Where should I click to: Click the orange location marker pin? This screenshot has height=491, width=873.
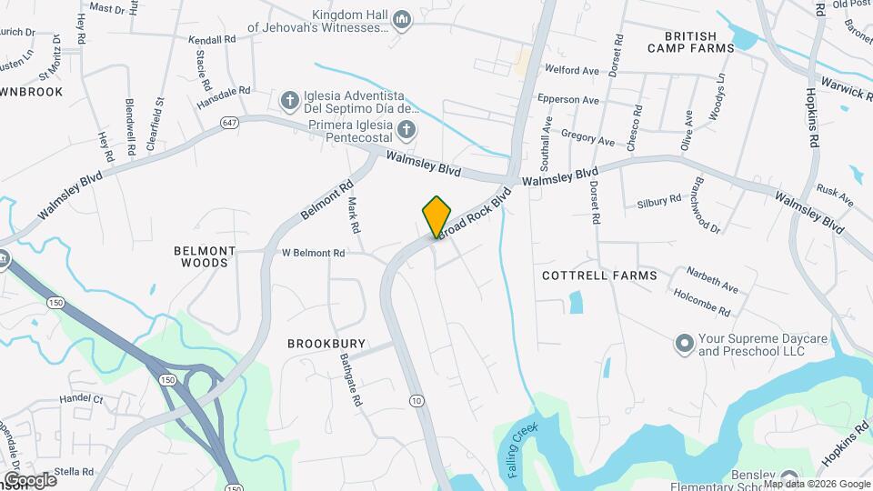pyautogui.click(x=437, y=216)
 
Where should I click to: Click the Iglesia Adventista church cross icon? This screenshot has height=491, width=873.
pyautogui.click(x=289, y=99)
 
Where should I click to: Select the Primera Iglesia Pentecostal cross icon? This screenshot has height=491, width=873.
pyautogui.click(x=406, y=129)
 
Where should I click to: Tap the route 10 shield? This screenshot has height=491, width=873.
pyautogui.click(x=416, y=400)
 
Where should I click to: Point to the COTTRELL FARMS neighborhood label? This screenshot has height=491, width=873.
pyautogui.click(x=599, y=275)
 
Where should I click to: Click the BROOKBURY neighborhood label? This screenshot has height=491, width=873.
pyautogui.click(x=326, y=344)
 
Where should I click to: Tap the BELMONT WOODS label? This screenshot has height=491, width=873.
pyautogui.click(x=205, y=256)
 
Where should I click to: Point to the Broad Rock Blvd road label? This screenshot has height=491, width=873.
pyautogui.click(x=474, y=215)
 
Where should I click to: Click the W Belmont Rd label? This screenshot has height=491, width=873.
pyautogui.click(x=314, y=253)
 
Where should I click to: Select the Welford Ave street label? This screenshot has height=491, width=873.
pyautogui.click(x=572, y=70)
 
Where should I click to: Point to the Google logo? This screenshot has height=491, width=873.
pyautogui.click(x=29, y=479)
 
